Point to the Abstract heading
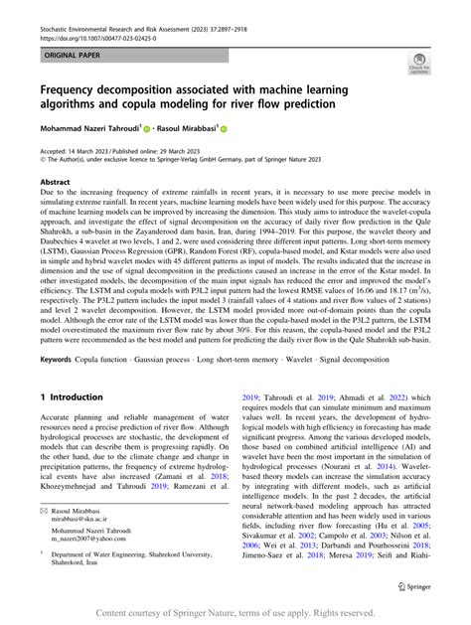pos(55,183)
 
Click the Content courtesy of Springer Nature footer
pos(235,613)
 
